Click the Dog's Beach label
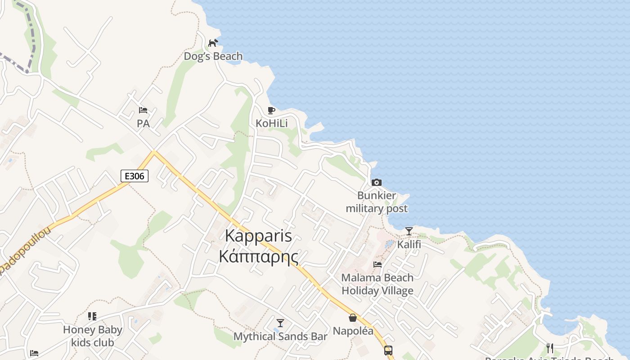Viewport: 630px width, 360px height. [x=213, y=56]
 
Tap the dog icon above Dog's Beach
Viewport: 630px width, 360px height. [x=213, y=43]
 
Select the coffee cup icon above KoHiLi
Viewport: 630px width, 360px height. [x=271, y=110]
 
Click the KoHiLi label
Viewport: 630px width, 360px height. [x=271, y=123]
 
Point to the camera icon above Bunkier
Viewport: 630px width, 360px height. [x=377, y=182]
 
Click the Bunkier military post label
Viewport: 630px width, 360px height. [x=377, y=202]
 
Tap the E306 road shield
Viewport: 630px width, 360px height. [x=135, y=176]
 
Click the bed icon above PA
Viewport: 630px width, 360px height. [x=143, y=110]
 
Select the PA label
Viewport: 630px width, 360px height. [x=143, y=123]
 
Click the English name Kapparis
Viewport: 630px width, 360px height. [x=258, y=236]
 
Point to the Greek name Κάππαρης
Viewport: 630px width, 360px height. [x=258, y=256]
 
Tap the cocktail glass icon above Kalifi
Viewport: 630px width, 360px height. [x=409, y=231]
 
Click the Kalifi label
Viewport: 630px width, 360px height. [x=409, y=244]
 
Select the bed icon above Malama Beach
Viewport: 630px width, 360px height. [x=377, y=264]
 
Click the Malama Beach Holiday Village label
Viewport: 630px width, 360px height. [x=377, y=284]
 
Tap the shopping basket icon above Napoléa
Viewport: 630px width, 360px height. [x=353, y=318]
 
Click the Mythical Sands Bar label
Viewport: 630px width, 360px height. [x=280, y=336]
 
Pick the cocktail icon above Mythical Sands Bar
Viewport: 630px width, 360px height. [x=280, y=323]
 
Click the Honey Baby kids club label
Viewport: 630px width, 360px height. [x=92, y=336]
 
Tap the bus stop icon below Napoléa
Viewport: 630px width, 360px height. [x=388, y=350]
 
